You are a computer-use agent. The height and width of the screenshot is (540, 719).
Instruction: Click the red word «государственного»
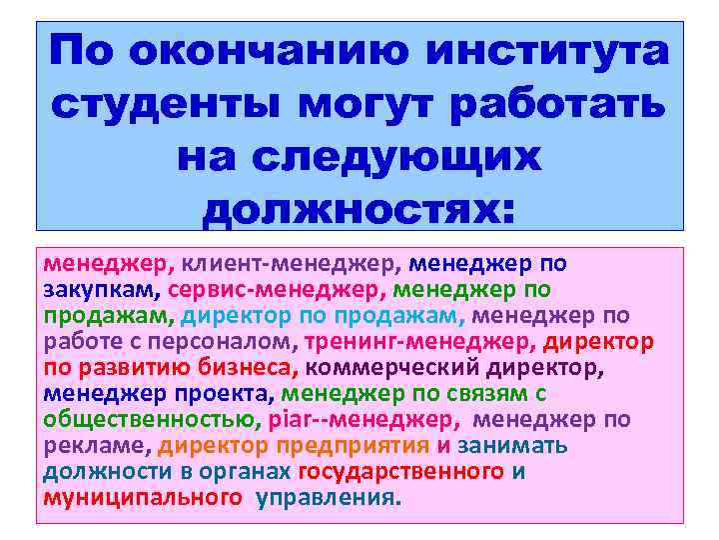pyautogui.click(x=400, y=472)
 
